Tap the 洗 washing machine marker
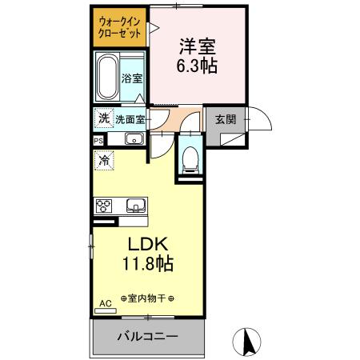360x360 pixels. (103, 118)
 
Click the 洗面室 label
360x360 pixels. (129, 119)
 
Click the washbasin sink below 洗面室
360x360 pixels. (134, 140)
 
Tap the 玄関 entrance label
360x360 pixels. (226, 119)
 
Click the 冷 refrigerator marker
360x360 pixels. (104, 159)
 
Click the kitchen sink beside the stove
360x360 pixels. (135, 206)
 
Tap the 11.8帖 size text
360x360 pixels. (145, 263)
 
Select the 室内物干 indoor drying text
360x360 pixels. (147, 298)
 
